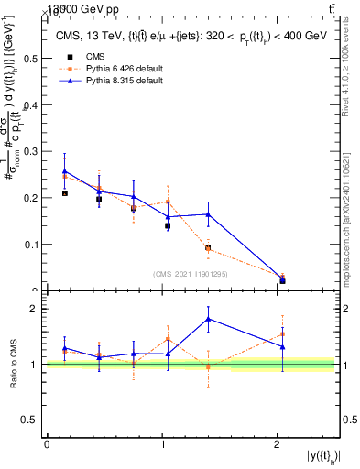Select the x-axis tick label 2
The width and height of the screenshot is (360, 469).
pos(277,443)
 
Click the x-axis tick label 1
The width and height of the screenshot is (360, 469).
pos(162,443)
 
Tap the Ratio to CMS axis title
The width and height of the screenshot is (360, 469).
pos(12,364)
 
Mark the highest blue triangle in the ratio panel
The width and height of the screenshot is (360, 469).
pos(209,319)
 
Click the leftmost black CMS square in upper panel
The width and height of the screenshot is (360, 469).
pos(64,193)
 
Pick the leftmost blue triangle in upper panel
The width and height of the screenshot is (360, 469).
pos(64,171)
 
